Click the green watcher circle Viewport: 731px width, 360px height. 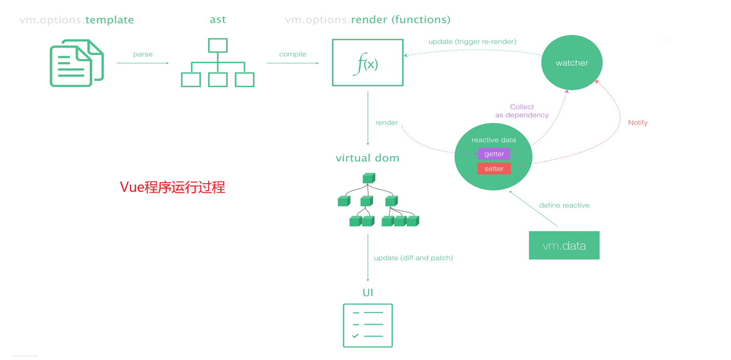click(x=571, y=63)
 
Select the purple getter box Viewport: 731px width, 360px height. click(x=494, y=154)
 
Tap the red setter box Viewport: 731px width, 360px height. click(x=494, y=169)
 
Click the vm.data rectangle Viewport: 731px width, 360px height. click(x=564, y=246)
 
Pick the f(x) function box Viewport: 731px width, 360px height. click(x=367, y=63)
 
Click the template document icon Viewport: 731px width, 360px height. click(x=76, y=63)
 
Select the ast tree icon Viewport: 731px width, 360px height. click(x=218, y=63)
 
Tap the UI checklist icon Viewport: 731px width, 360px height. click(x=367, y=326)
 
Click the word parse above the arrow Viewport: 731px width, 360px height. click(x=143, y=54)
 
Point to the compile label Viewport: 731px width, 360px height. click(x=292, y=54)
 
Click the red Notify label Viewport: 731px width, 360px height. click(x=638, y=123)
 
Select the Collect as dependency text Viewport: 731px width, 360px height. click(x=522, y=111)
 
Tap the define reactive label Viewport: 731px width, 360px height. click(x=564, y=205)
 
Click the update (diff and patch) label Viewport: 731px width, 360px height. click(x=413, y=258)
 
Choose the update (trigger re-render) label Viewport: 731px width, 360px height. click(x=472, y=42)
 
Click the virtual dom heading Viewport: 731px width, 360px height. click(x=367, y=158)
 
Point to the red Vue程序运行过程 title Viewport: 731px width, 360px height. click(x=172, y=187)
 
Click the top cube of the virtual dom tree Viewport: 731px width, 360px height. click(x=368, y=178)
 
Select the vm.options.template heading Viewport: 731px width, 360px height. click(x=76, y=20)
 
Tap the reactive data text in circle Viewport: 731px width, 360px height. click(x=493, y=140)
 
